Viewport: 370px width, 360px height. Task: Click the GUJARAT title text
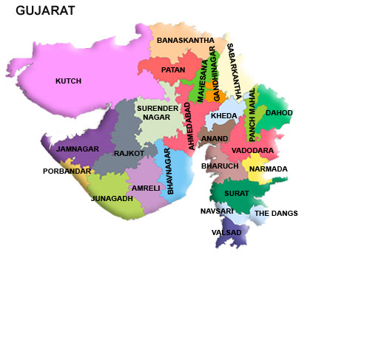45,10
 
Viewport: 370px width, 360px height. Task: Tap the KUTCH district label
68,81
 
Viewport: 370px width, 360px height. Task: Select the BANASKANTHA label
186,40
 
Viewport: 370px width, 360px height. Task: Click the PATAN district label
173,69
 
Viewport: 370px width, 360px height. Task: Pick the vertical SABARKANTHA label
234,71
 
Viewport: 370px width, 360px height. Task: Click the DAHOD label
279,112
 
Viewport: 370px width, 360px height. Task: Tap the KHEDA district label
224,116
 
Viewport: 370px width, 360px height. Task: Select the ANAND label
215,138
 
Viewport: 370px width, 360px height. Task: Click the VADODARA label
252,150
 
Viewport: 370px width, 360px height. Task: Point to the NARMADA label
269,169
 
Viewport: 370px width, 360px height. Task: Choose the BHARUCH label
220,166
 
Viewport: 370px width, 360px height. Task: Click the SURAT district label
237,192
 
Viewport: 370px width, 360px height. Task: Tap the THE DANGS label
276,213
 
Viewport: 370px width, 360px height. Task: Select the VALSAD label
226,232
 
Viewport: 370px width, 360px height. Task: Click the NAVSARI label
217,211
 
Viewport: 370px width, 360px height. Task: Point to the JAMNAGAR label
78,149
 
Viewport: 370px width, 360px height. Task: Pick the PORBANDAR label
67,171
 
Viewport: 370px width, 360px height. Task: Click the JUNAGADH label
112,198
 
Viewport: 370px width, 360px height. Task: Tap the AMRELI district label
146,188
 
